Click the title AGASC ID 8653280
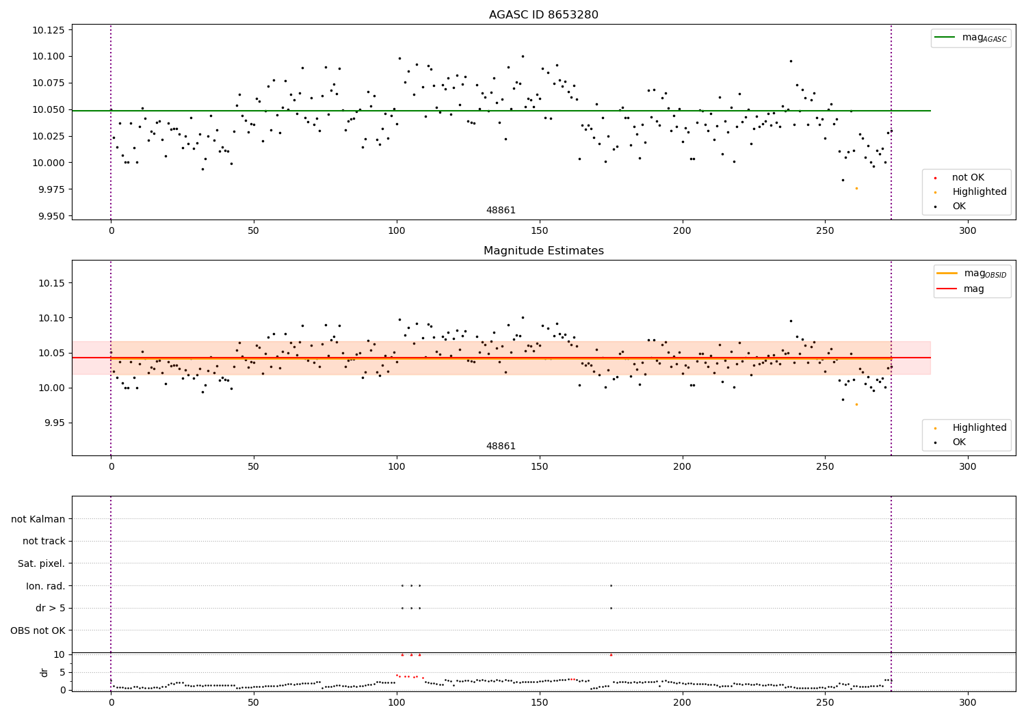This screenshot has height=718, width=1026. point(543,15)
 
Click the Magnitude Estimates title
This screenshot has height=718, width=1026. point(543,251)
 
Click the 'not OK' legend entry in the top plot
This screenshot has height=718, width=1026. point(968,178)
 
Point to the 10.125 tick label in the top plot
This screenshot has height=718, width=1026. point(48,30)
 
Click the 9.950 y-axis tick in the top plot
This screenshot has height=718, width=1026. point(48,216)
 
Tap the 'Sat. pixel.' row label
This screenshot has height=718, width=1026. point(41,563)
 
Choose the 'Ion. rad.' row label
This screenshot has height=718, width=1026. point(46,586)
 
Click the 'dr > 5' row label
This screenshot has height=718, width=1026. point(50,608)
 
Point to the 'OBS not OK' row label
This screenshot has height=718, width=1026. point(38,630)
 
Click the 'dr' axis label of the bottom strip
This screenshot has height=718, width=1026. point(44,672)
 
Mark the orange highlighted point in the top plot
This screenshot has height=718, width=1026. point(856,188)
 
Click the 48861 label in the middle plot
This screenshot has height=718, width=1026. point(501,447)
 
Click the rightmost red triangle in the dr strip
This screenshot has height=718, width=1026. point(611,655)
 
